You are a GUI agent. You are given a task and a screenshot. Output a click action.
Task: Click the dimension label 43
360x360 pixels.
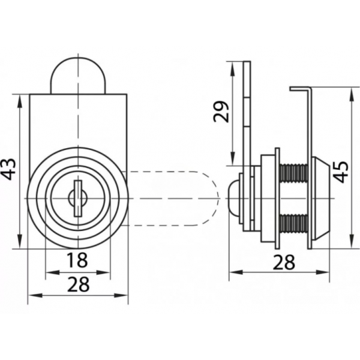tap(8, 169)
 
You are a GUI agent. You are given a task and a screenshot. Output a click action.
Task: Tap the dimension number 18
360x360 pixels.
tap(77, 260)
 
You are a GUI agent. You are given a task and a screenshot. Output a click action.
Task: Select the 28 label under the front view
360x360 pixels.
tap(78, 284)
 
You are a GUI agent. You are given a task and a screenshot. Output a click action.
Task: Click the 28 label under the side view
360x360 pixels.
tap(284, 262)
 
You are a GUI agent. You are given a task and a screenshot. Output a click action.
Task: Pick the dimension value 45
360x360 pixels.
tap(341, 172)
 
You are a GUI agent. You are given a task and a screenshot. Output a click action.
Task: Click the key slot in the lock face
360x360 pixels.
tap(78, 198)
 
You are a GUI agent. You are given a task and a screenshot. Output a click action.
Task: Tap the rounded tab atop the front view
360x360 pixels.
tap(78, 76)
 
